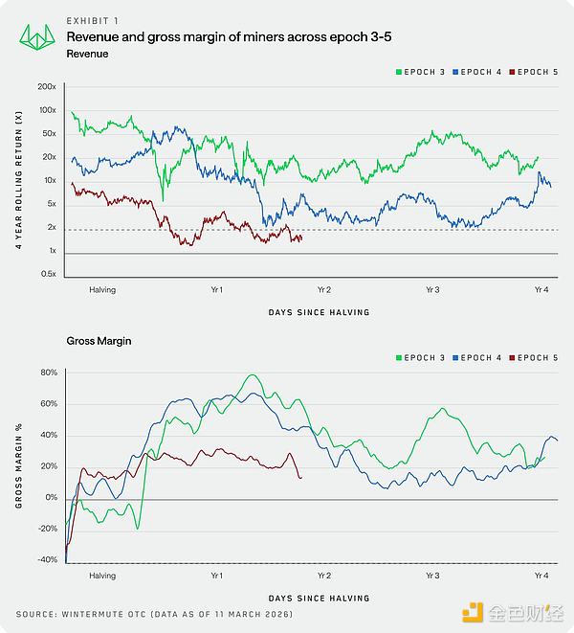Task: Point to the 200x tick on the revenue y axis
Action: point(48,87)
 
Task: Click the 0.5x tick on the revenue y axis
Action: point(47,274)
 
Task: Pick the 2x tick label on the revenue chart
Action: point(51,228)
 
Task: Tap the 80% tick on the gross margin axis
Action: point(49,372)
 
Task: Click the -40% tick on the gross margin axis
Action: point(47,560)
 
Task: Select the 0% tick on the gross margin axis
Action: point(51,498)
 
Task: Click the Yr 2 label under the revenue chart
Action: point(323,289)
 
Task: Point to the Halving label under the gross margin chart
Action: point(102,576)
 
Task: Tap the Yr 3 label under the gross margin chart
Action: point(432,576)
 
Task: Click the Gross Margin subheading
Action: point(99,340)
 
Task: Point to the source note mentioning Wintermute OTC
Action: point(153,613)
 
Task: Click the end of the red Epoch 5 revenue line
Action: point(301,238)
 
